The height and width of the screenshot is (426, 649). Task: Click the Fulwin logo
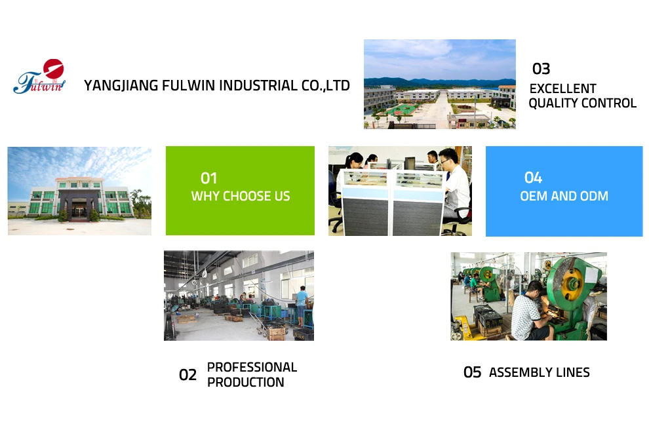41,77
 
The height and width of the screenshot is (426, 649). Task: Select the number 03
541,69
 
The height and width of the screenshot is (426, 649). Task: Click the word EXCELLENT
563,88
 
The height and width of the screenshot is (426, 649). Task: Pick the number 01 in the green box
208,178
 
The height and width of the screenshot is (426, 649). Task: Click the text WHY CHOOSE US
241,196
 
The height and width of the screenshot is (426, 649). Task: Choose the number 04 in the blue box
533,178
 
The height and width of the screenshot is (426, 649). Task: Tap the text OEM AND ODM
564,196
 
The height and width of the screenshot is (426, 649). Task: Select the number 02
187,375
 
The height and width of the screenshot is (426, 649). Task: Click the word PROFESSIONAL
252,367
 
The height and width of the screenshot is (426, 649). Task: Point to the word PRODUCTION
246,382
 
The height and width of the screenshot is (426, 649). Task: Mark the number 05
472,373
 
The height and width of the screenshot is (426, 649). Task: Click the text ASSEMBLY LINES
540,373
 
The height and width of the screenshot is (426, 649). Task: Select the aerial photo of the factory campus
439,84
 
